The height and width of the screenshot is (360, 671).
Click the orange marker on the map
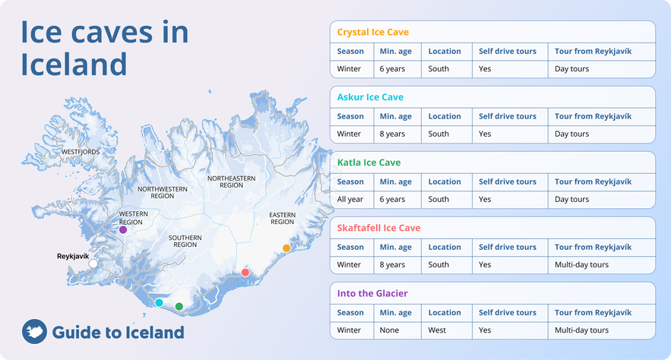tap(286, 248)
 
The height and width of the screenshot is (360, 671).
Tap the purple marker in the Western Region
tap(123, 229)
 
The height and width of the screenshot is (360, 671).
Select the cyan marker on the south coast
tap(159, 302)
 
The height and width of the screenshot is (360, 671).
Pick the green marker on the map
tap(179, 307)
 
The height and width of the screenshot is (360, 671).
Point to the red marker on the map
tap(245, 272)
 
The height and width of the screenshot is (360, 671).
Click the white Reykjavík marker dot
tap(93, 264)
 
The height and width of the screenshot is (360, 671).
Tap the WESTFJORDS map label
tap(81, 152)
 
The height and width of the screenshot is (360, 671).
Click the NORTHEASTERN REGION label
tap(231, 182)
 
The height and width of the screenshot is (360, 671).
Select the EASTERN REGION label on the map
tap(282, 218)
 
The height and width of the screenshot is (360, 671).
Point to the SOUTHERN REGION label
tap(185, 241)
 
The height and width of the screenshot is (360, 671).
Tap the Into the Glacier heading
tap(369, 293)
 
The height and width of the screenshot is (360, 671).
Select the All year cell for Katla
tap(351, 200)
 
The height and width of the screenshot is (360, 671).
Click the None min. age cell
tap(389, 330)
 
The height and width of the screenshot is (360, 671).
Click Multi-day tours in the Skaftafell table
tap(581, 265)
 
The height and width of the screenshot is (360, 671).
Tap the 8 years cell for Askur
tap(392, 134)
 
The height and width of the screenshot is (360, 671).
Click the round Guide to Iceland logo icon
tap(33, 332)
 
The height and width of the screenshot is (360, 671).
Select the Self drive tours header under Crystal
tap(507, 52)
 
